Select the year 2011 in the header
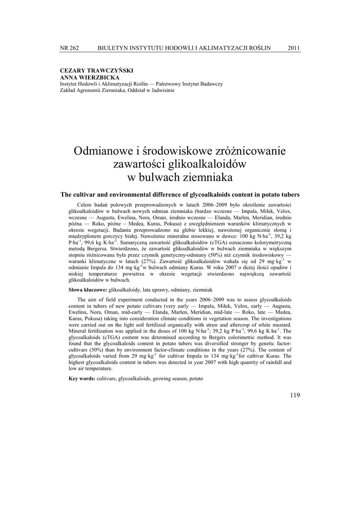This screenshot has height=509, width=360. coord(294,48)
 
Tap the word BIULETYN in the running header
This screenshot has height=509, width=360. coord(114,48)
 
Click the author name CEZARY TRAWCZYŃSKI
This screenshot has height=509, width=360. coord(96,71)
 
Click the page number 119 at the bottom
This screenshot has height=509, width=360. coord(294,395)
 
